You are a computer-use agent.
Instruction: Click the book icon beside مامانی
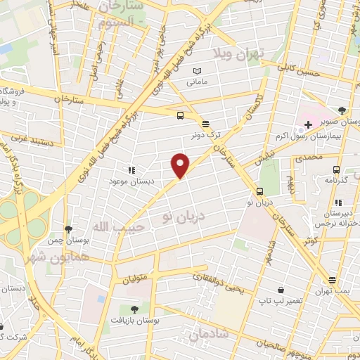tap(198, 70)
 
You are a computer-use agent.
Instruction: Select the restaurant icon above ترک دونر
tap(205, 122)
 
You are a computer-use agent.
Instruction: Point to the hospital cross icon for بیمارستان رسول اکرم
tap(308, 124)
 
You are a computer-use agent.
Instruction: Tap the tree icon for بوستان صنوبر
tap(342, 110)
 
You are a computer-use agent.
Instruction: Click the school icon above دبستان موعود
tap(130, 169)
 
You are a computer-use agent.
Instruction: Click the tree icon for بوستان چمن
tap(68, 229)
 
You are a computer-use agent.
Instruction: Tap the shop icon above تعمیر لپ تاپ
tap(281, 289)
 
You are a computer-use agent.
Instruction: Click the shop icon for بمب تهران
tap(332, 279)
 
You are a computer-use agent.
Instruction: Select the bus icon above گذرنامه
tap(336, 169)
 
